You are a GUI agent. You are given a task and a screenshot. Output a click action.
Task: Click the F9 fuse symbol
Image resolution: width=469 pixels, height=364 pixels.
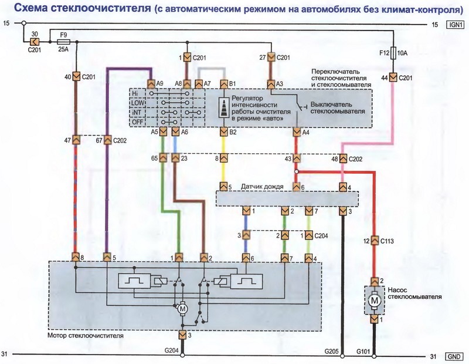[x=63, y=42]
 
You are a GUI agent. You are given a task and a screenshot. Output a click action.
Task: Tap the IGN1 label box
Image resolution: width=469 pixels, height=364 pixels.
[x=455, y=24]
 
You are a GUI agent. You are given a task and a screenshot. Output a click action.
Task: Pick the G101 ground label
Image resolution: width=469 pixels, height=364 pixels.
[x=365, y=350]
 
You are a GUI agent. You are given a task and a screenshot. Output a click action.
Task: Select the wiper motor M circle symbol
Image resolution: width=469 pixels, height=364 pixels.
[x=182, y=308]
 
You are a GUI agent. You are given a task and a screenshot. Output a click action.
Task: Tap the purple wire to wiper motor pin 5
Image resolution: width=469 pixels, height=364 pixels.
[x=107, y=194]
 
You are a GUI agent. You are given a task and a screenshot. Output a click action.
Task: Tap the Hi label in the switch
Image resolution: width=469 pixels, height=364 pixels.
[x=135, y=93]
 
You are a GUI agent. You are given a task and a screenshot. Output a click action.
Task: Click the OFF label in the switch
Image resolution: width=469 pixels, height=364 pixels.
[x=137, y=122]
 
